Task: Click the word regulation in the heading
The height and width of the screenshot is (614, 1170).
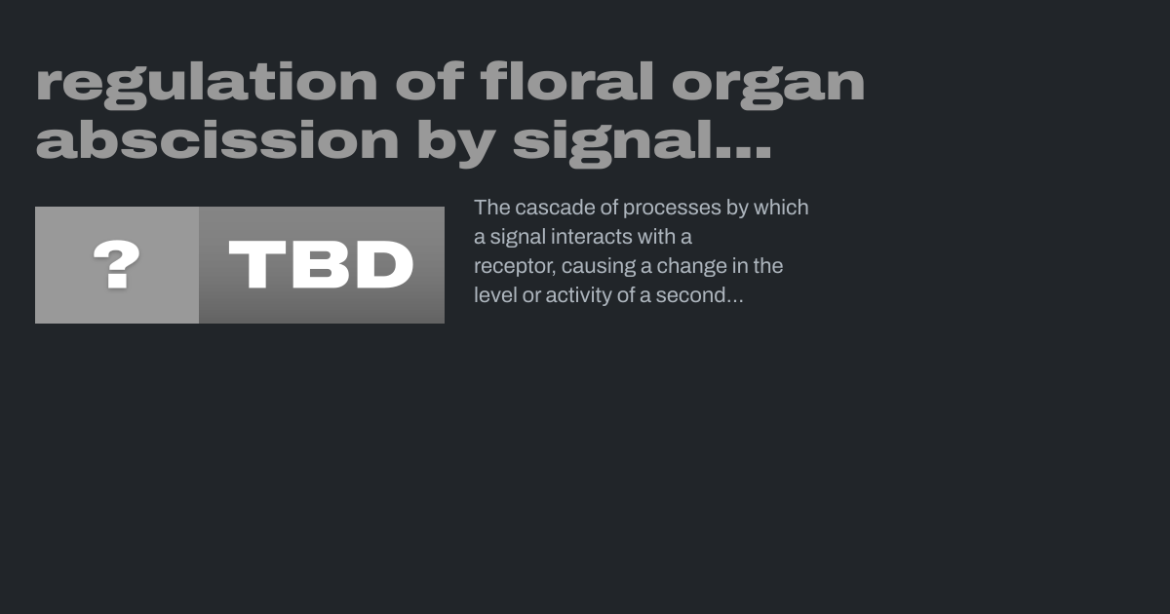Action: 207,85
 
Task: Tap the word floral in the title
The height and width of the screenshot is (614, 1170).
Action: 567,81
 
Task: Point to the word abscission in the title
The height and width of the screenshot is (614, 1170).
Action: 217,139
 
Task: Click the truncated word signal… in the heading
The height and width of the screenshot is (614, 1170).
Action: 642,143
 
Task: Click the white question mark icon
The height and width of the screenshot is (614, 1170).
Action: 116,264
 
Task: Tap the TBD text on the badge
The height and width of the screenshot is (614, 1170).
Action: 321,264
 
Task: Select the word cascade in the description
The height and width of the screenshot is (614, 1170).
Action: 555,208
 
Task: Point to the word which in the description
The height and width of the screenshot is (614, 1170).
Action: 781,208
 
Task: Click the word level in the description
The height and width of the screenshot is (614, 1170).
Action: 495,295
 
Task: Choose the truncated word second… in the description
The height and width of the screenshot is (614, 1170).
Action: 699,295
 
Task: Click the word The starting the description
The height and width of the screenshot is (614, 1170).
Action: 492,208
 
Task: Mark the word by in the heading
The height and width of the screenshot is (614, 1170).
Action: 456,143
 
